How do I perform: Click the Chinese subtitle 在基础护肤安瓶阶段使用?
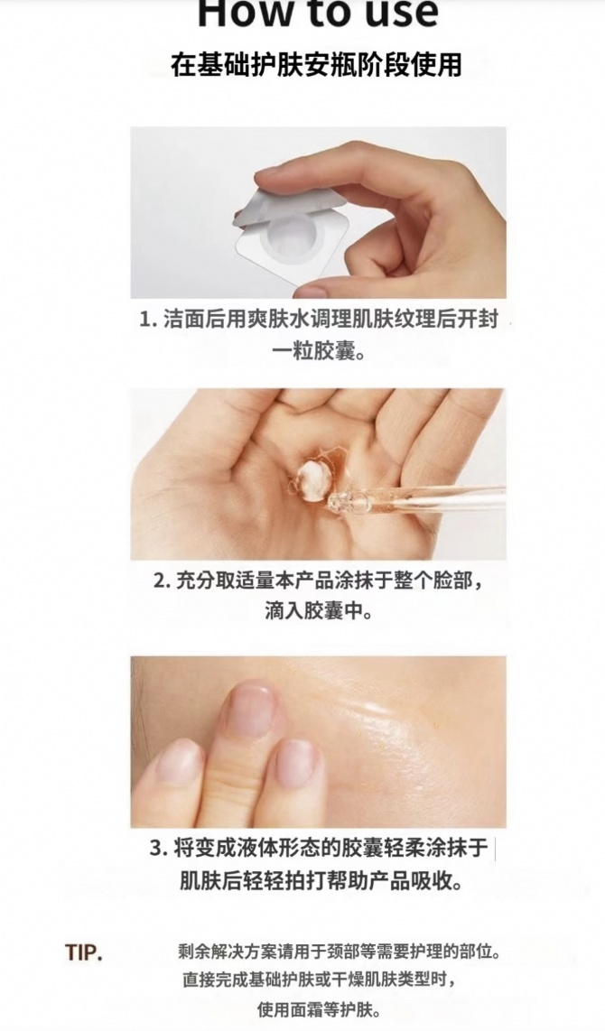click(x=316, y=65)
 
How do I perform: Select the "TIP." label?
click(x=83, y=952)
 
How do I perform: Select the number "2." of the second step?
click(x=163, y=581)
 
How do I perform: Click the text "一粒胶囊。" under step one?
click(x=318, y=351)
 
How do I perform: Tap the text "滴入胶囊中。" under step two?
click(x=318, y=611)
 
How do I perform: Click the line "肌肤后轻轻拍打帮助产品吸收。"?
click(x=321, y=879)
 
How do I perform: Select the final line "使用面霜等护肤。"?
click(x=318, y=1008)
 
